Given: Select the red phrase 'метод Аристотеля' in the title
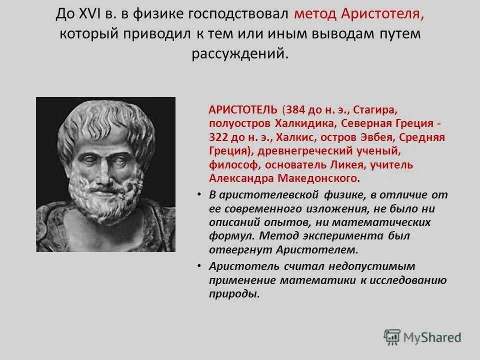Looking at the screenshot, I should [359, 14].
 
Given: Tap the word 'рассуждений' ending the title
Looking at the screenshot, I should [240, 53].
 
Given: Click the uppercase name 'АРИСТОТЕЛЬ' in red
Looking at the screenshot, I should [238, 109].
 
